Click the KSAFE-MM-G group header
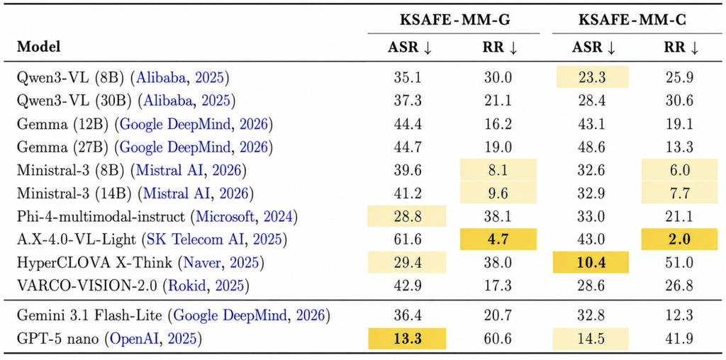(454, 20)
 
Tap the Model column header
(39, 47)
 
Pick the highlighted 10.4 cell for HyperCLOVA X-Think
(591, 262)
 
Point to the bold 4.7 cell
(498, 240)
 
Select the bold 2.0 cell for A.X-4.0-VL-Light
(681, 240)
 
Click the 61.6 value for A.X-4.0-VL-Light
(406, 240)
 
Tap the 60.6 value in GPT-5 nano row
(498, 339)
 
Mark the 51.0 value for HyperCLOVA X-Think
(681, 262)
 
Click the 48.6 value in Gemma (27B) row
(591, 147)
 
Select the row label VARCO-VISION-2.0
(88, 286)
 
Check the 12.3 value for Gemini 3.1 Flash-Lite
(681, 315)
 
